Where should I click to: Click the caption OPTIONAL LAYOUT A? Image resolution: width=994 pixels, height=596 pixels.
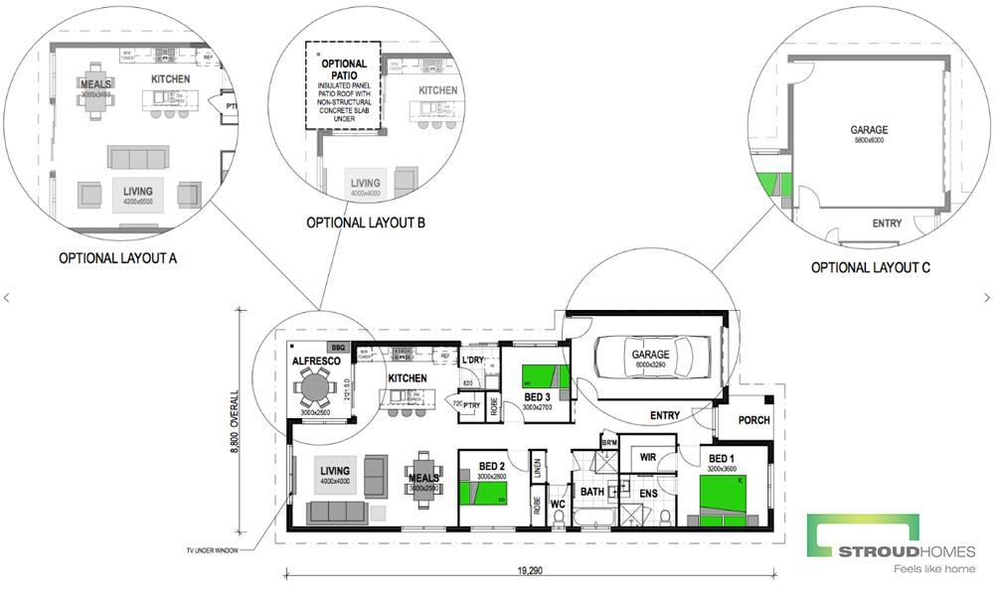[x=117, y=258]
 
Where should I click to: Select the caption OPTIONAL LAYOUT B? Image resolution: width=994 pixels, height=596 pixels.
[x=366, y=223]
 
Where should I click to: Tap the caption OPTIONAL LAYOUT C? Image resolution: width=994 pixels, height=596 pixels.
[x=870, y=268]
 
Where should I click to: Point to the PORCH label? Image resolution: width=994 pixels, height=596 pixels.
[x=753, y=420]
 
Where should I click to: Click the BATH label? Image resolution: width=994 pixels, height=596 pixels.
[x=592, y=492]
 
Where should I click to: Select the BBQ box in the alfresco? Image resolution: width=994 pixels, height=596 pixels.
[x=337, y=348]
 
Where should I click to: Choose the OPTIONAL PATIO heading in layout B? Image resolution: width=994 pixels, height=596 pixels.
[x=344, y=70]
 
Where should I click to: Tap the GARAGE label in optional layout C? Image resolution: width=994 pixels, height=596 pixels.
[x=869, y=130]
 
